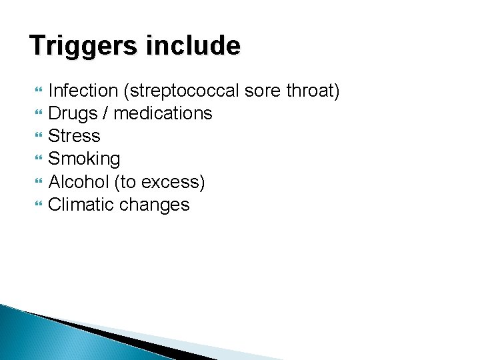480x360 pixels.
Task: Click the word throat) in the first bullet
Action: point(313,91)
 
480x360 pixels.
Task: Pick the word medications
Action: point(163,114)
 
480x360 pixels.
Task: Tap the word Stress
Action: point(75,137)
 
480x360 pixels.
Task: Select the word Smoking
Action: point(85,159)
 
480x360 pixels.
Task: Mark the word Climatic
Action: point(81,205)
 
